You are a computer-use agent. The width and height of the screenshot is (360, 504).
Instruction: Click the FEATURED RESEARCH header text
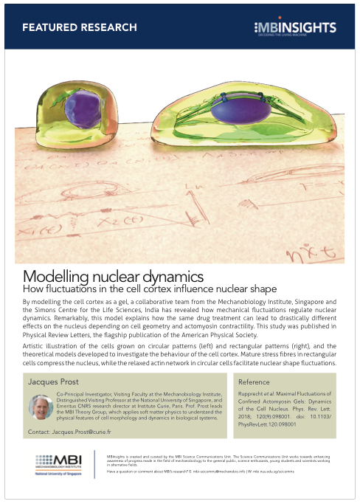80,27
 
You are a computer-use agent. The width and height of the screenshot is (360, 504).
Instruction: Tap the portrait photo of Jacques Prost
39,407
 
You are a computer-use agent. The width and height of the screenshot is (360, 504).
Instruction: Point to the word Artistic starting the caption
35,345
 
